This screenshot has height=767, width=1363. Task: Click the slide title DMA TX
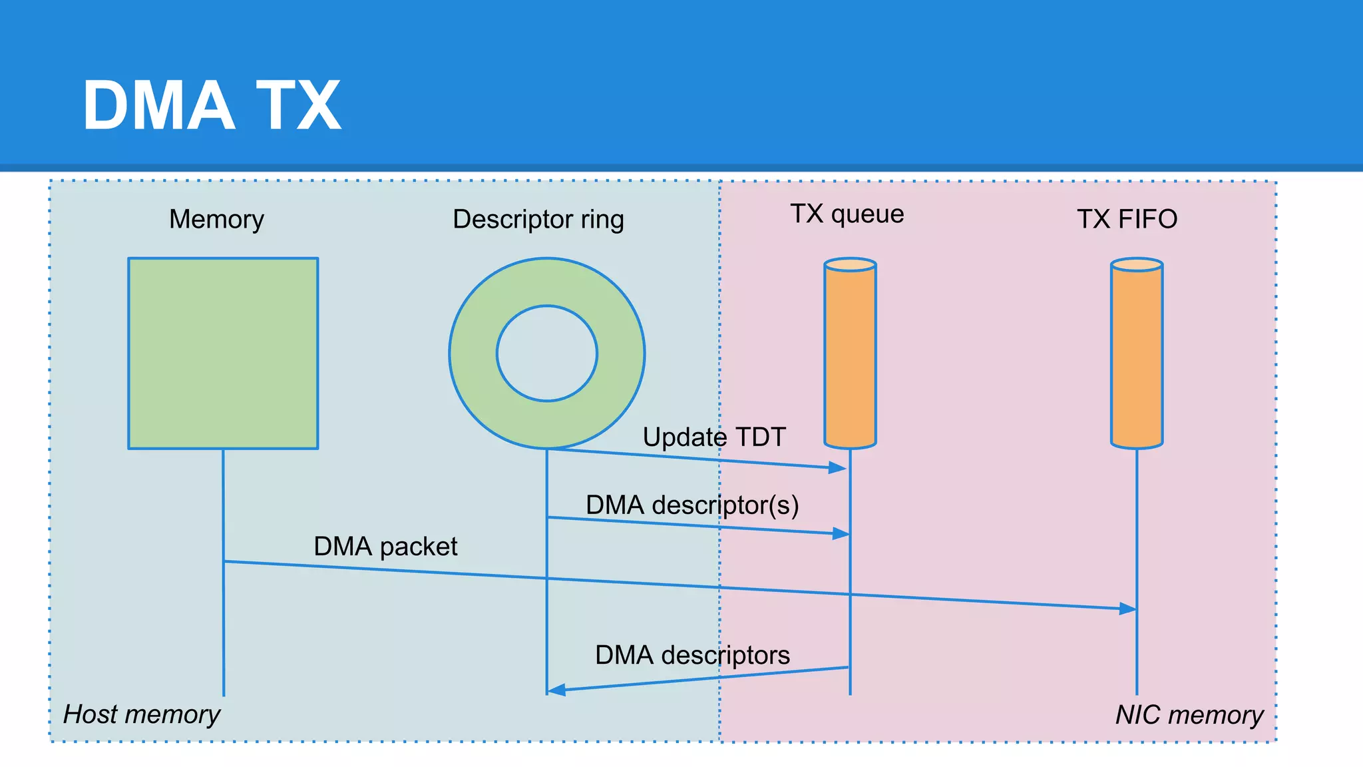pos(212,105)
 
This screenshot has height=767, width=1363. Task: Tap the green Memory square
pos(223,353)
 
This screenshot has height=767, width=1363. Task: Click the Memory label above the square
pos(216,219)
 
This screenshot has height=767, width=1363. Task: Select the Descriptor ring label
pos(538,219)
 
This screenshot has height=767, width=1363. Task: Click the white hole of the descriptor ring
pos(546,354)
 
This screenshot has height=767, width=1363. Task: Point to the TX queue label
pos(847,214)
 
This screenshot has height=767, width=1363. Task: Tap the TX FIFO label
pos(1127,219)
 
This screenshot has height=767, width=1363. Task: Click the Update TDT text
pos(713,437)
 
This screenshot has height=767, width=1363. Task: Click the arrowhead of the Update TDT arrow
pos(838,468)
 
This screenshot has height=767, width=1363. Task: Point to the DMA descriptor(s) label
pos(691,505)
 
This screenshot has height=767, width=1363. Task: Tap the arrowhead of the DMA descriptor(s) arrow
pos(841,533)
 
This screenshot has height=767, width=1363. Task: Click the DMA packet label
pos(385,547)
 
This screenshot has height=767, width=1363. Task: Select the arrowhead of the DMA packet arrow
pos(1128,609)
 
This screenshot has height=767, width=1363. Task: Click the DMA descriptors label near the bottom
pos(692,655)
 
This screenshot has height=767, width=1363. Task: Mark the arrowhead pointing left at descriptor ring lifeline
pos(556,690)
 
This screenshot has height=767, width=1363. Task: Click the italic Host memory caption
pos(141,714)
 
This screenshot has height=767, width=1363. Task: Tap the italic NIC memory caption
pos(1189,715)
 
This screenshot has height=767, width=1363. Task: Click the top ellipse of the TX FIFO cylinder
pos(1137,264)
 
